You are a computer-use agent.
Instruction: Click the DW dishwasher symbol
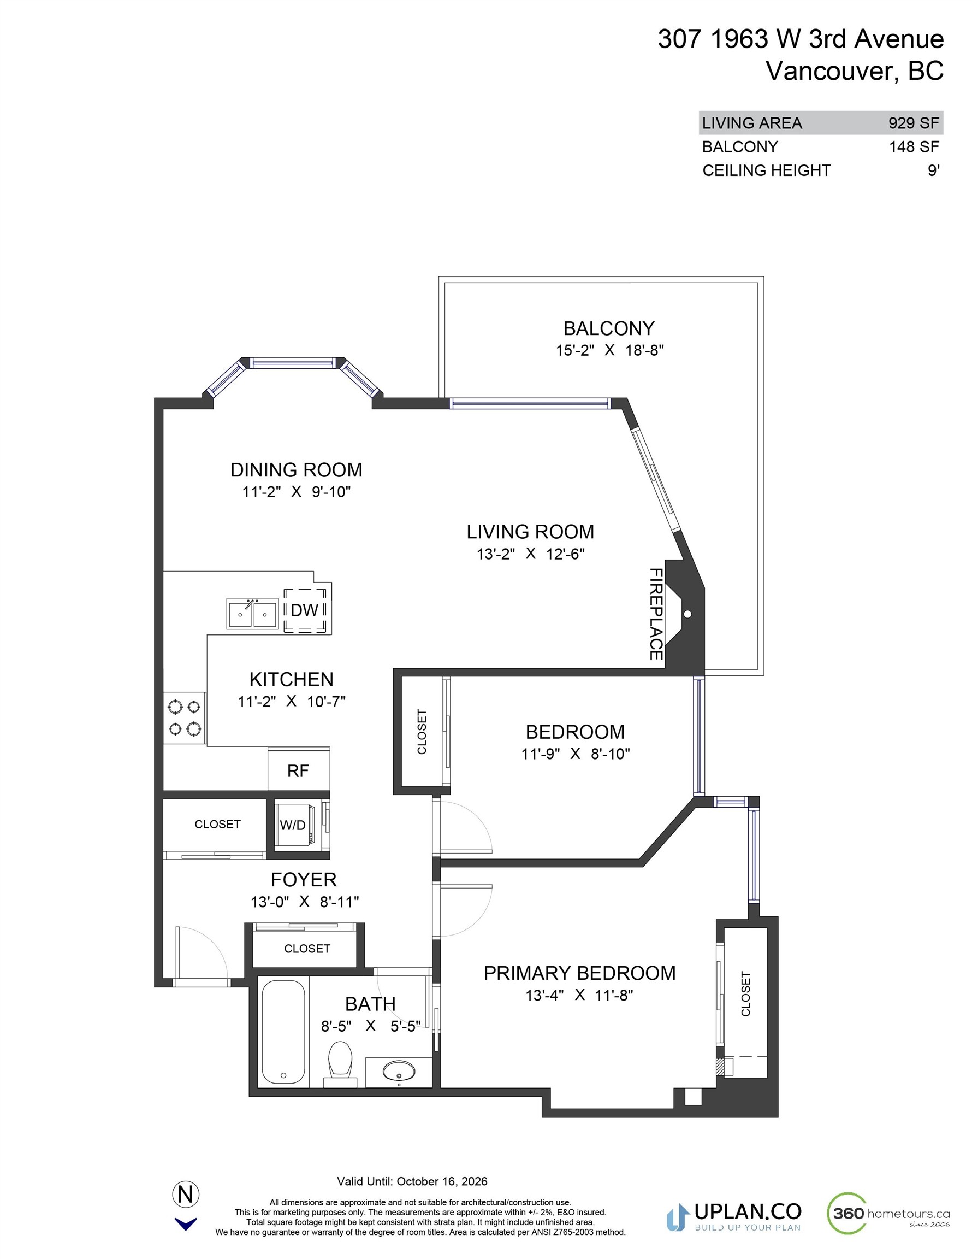(305, 610)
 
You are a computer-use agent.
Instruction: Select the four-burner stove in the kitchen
(185, 717)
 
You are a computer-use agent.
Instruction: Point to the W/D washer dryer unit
(293, 825)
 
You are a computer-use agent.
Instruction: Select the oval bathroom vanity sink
(398, 1070)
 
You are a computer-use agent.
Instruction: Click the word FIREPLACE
(656, 614)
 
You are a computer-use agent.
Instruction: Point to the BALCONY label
(608, 328)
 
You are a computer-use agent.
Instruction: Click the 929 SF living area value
(913, 123)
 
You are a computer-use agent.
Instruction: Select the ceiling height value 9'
(933, 170)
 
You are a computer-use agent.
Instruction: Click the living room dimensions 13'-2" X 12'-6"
(530, 554)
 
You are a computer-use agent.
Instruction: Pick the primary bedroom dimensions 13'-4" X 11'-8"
(579, 995)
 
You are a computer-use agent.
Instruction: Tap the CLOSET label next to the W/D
(217, 825)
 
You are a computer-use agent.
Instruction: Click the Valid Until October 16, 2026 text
(412, 1181)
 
